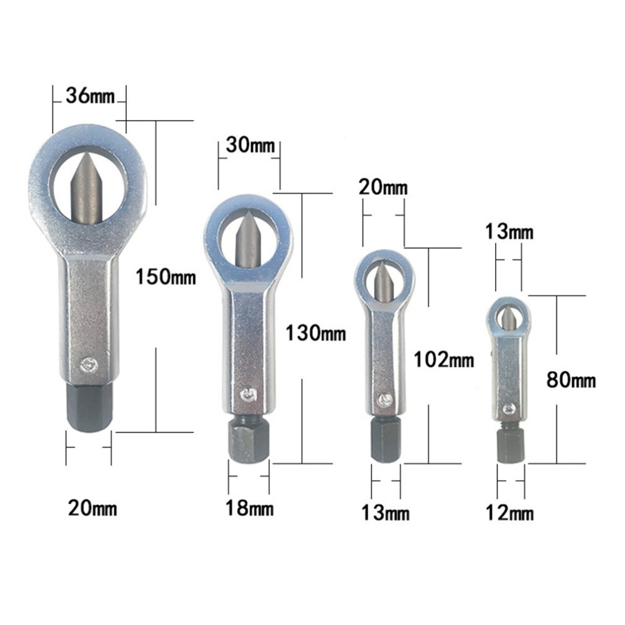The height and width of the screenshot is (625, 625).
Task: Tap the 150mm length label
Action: pos(166,276)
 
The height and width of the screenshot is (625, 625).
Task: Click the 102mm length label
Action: pos(444,359)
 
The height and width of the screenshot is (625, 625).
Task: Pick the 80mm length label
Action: pos(571,379)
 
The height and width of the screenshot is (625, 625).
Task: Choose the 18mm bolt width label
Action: pos(249,509)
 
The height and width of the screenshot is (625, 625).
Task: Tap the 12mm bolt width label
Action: pos(509,513)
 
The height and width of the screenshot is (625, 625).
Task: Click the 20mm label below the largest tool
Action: pos(92,508)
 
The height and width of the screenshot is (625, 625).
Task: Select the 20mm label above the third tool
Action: pos(383,187)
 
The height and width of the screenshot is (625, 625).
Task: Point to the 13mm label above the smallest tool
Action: pos(509,232)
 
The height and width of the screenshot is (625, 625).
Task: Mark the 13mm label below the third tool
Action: pos(385,513)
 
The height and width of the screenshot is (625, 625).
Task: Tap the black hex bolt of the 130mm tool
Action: pos(249,439)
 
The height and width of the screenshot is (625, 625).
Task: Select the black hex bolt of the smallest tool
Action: pos(510,445)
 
